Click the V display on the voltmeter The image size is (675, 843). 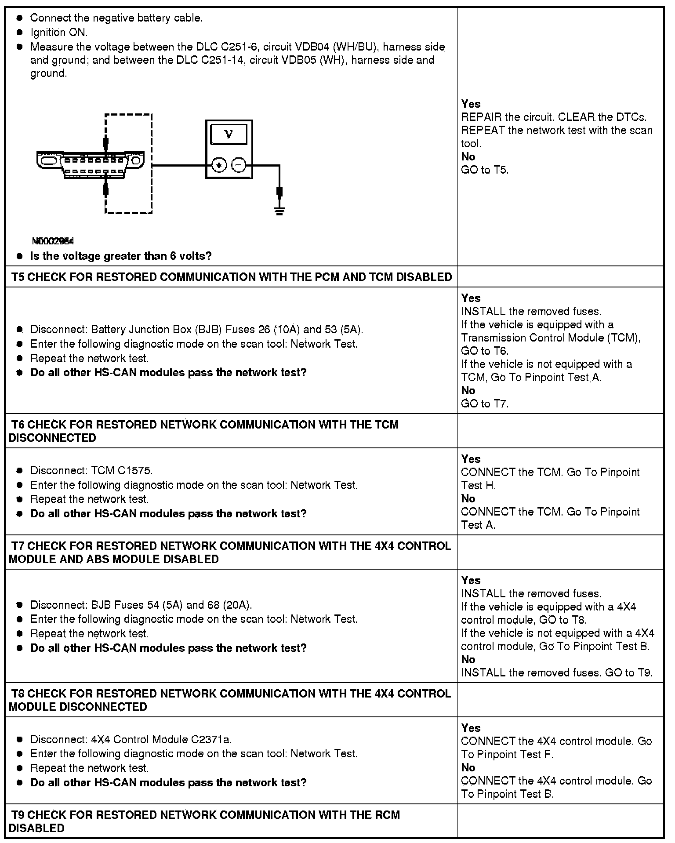229,134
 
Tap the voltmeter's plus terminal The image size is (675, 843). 219,165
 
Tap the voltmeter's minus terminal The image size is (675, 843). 238,165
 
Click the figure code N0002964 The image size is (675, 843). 53,241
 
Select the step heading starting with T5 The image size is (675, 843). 232,277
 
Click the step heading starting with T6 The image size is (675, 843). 204,431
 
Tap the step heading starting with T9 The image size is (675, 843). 205,821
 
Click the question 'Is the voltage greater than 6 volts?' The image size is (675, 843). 121,256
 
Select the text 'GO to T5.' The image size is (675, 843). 485,170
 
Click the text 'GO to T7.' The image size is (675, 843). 485,403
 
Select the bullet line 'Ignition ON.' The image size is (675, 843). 59,32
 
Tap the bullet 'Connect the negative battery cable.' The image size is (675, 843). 116,18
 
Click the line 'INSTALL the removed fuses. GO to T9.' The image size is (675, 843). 557,672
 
